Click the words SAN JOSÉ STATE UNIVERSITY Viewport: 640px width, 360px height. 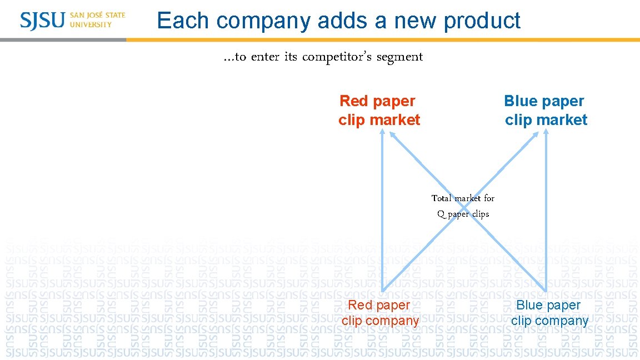[x=97, y=20]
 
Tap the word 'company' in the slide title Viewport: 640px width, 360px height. [x=263, y=21]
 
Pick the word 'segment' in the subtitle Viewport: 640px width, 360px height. [x=399, y=57]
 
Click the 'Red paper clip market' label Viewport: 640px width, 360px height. [x=378, y=110]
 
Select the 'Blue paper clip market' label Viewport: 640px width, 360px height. [x=545, y=110]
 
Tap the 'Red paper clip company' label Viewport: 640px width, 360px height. [x=380, y=313]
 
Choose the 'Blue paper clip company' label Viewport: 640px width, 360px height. [x=549, y=313]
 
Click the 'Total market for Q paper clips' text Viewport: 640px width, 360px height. [x=463, y=206]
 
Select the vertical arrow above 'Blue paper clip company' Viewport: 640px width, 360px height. [x=546, y=222]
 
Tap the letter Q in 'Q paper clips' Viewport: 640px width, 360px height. [x=441, y=214]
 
